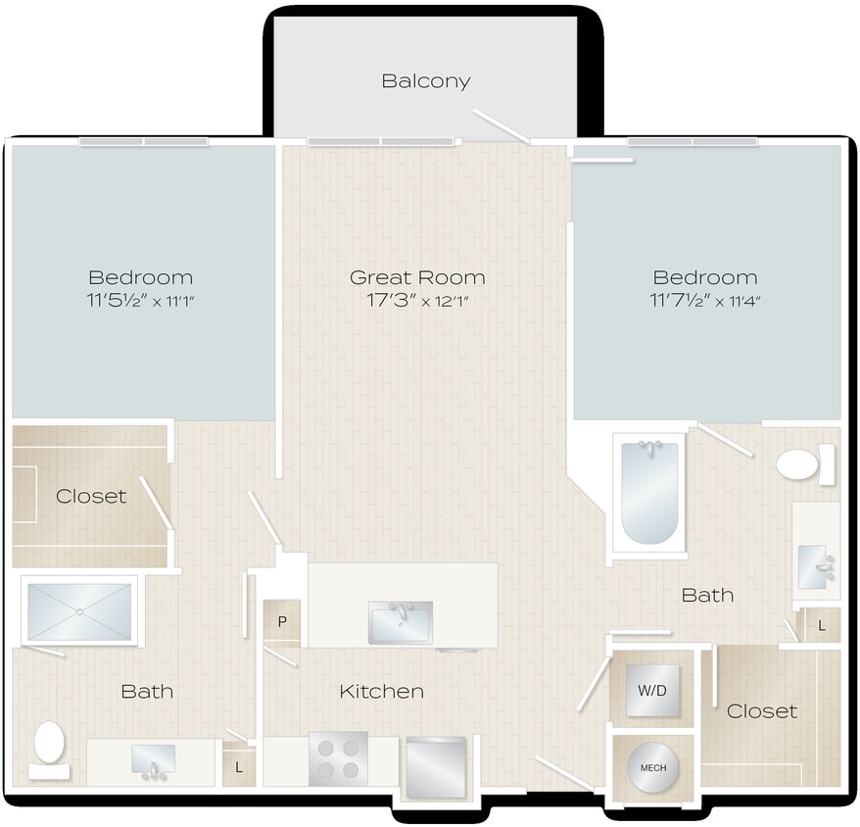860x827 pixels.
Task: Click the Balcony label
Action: (x=425, y=81)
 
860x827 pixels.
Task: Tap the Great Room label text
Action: (x=417, y=278)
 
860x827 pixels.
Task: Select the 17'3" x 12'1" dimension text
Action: (x=417, y=301)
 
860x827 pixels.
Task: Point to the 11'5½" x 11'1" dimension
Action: (x=140, y=301)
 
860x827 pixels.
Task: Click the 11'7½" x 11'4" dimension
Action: (x=704, y=301)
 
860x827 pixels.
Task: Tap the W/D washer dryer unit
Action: (x=651, y=691)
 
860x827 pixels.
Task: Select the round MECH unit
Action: (x=652, y=767)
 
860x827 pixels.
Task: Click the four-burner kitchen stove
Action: (x=338, y=758)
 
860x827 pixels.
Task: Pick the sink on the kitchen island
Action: (x=400, y=621)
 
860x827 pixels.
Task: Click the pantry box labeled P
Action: (x=282, y=622)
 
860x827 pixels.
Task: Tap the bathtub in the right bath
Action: (x=649, y=492)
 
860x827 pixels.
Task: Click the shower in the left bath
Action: (x=79, y=612)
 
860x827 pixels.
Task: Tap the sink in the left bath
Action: (x=153, y=759)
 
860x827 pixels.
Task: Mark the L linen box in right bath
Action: (x=821, y=624)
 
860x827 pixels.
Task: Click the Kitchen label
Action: (x=381, y=692)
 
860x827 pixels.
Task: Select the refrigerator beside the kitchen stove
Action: (x=434, y=763)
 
